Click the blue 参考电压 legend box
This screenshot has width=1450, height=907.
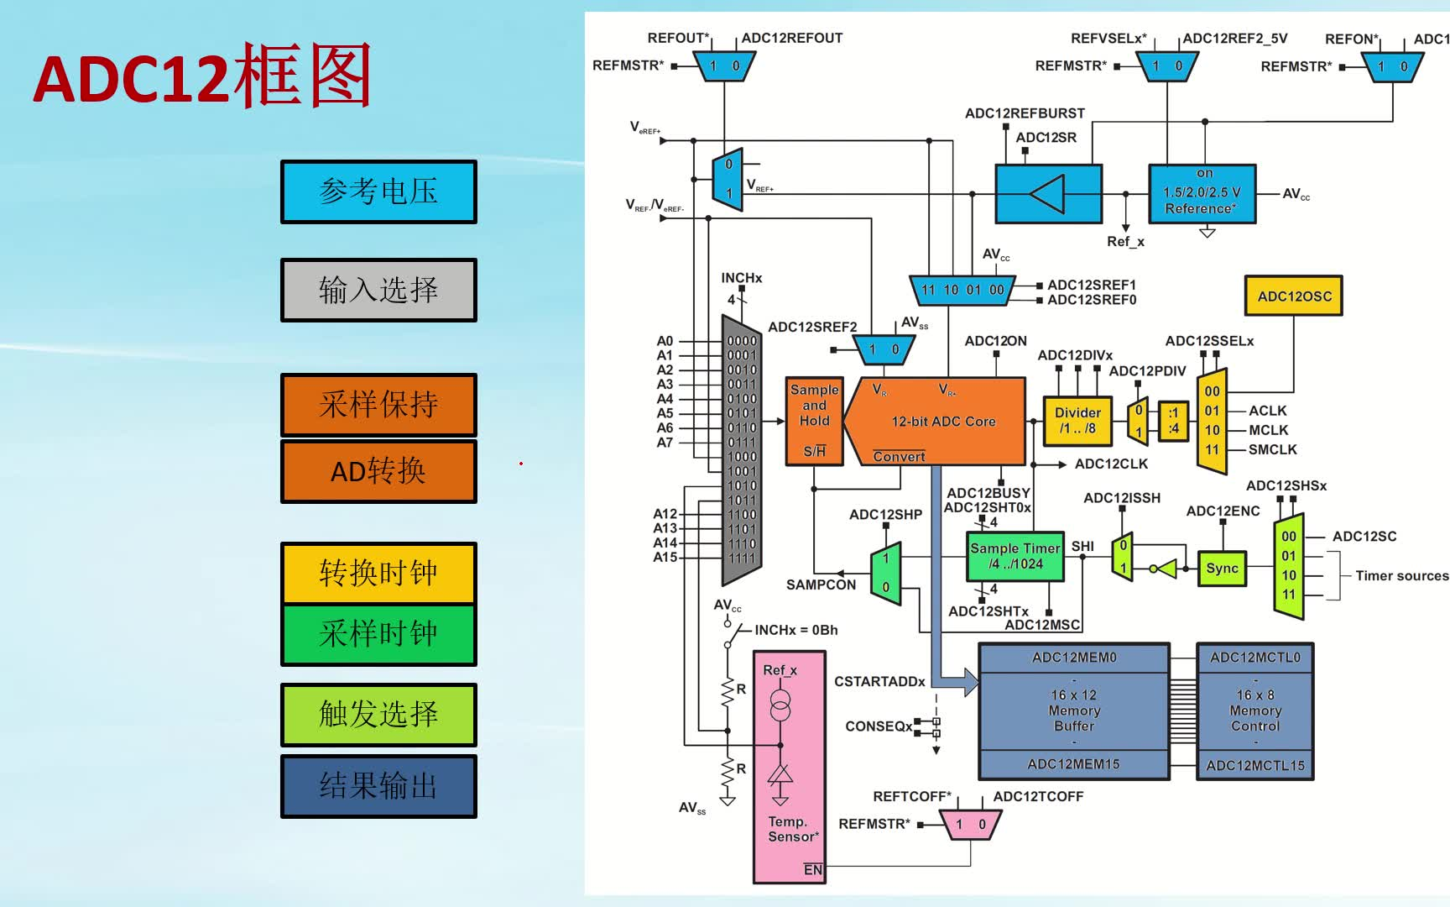point(378,191)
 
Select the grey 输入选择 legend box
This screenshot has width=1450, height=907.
point(378,290)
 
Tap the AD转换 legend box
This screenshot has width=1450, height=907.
point(378,471)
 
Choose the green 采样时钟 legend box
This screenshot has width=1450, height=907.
point(378,634)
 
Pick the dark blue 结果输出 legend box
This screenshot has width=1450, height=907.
point(378,786)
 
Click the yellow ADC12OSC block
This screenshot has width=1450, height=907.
point(1294,296)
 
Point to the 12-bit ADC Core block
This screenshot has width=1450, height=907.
point(943,422)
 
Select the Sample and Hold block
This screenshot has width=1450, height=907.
point(814,421)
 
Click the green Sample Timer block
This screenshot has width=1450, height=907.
point(1014,556)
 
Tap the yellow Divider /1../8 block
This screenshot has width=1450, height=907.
point(1077,420)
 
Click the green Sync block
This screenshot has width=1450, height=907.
point(1222,569)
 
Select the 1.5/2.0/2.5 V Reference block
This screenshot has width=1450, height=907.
point(1202,194)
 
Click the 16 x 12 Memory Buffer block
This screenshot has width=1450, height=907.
point(1074,710)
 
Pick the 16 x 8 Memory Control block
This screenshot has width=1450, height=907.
point(1254,710)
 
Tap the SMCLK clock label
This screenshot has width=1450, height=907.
point(1272,449)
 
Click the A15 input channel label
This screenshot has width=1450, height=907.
point(665,557)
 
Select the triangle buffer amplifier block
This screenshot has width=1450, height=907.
point(1048,194)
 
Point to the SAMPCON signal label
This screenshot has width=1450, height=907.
point(821,585)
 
